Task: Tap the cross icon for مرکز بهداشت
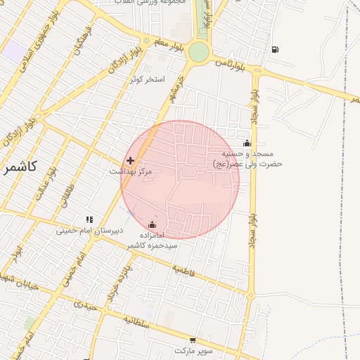click(x=130, y=161)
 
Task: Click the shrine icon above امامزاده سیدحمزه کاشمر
click(x=153, y=225)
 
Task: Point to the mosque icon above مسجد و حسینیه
click(x=246, y=143)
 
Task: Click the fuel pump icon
click(x=274, y=49)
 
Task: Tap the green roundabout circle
click(x=198, y=51)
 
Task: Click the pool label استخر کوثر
click(x=147, y=79)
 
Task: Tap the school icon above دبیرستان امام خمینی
click(x=89, y=219)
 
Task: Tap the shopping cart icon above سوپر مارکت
click(x=193, y=340)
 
